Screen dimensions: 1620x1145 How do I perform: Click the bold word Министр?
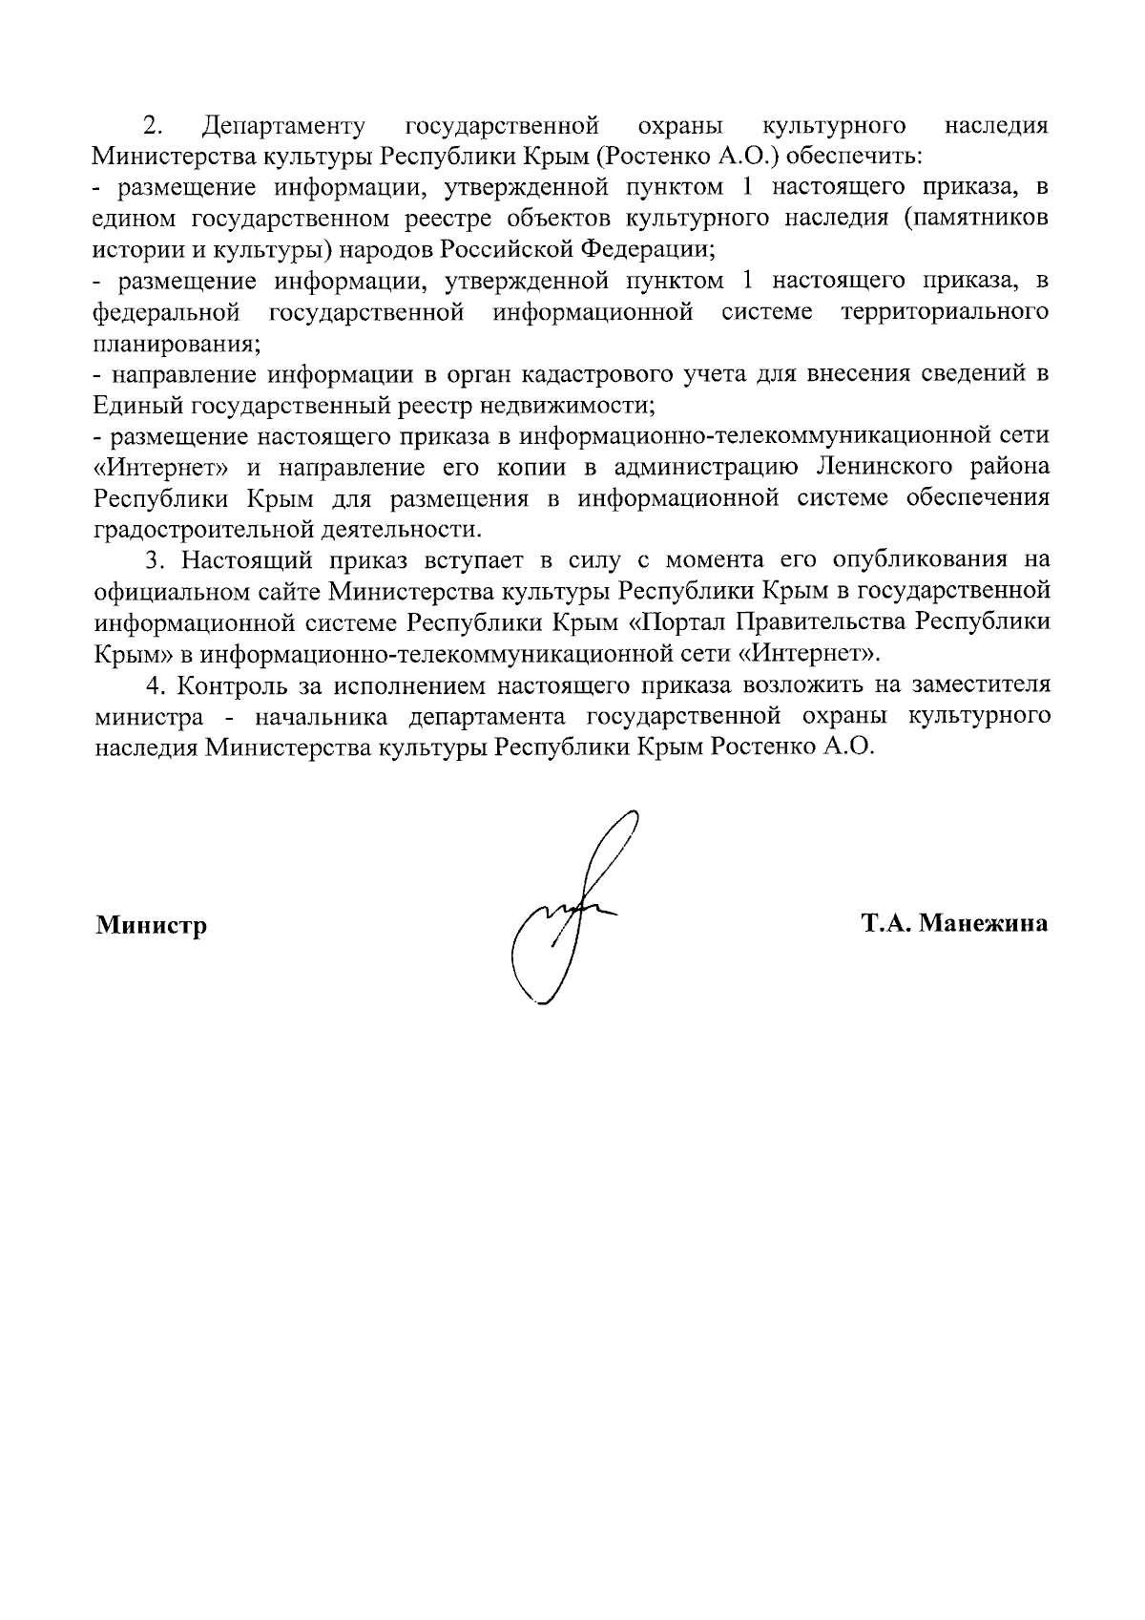(x=151, y=925)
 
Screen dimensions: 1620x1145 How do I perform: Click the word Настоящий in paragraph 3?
(x=241, y=560)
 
